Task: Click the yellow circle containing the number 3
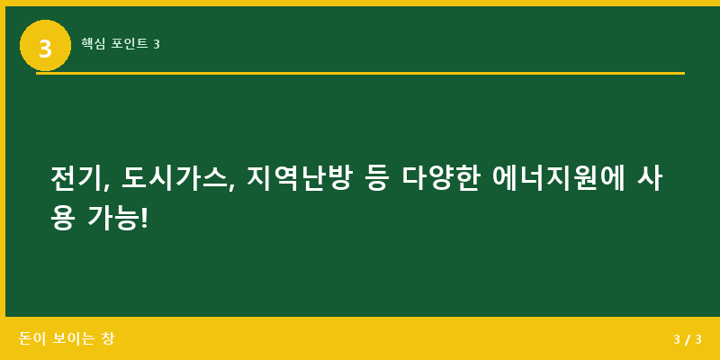click(45, 46)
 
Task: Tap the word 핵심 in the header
click(93, 43)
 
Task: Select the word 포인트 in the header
click(130, 43)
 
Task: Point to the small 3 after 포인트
click(157, 43)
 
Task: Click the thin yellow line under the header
click(360, 73)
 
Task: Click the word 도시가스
click(175, 178)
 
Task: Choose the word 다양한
click(440, 178)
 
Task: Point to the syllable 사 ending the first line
click(650, 178)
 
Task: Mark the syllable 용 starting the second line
click(62, 217)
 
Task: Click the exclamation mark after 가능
click(144, 217)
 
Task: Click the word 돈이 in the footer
click(31, 339)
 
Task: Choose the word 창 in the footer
click(108, 339)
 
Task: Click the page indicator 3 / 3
click(687, 339)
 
